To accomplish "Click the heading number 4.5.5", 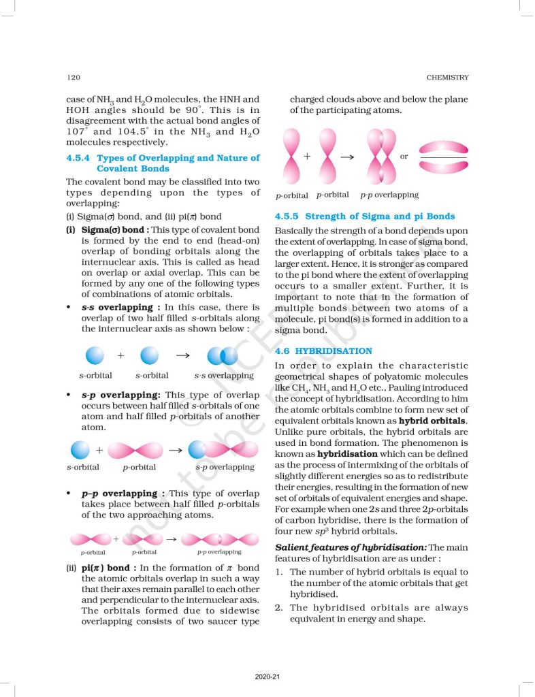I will (291, 216).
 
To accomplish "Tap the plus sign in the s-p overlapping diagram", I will (99, 449).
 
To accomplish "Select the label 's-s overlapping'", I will (224, 375).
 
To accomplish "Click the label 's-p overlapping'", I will (225, 467).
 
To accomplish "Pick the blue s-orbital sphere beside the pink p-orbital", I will (80, 450).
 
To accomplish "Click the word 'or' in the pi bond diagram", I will (404, 157).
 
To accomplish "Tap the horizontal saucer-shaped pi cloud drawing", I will (442, 157).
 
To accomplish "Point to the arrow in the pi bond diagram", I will (346, 157).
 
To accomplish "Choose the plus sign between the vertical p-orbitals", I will (307, 156).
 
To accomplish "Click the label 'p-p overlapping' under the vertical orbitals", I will (389, 195).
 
